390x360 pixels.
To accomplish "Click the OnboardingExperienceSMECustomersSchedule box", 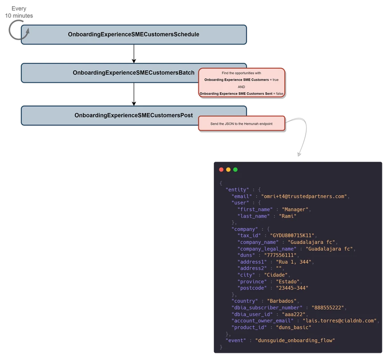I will pos(134,34).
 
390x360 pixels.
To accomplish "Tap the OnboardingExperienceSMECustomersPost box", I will pos(134,115).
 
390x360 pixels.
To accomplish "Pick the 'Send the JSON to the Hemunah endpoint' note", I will pos(241,123).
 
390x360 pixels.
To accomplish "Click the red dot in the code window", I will pos(221,169).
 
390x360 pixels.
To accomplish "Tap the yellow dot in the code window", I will pos(228,169).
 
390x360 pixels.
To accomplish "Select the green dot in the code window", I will pos(235,169).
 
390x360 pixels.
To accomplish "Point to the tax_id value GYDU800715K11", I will pos(289,236).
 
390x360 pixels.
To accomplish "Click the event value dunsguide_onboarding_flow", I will pos(295,340).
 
